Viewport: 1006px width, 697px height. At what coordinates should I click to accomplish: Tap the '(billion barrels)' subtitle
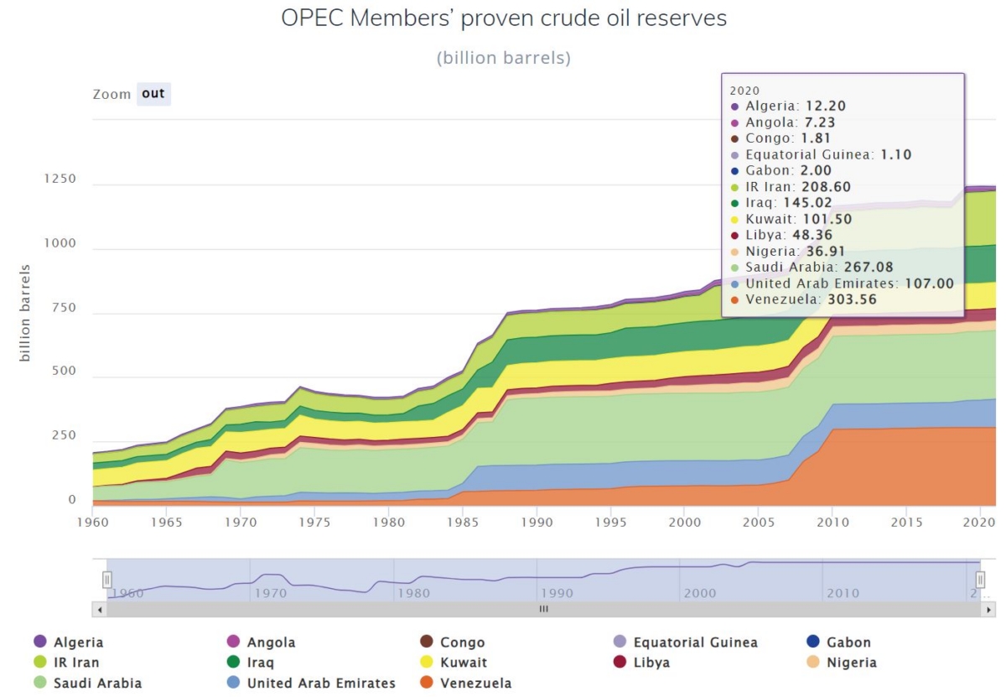[x=503, y=59]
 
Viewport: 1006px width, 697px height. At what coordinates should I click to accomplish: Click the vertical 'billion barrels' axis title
[x=25, y=313]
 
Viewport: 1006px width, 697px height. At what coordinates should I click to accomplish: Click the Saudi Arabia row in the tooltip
[x=818, y=267]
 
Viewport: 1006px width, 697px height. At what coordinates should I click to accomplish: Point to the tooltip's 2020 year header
[x=745, y=90]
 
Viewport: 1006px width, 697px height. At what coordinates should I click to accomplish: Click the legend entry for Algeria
[x=79, y=642]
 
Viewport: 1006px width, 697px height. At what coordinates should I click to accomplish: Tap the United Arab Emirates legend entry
[x=321, y=683]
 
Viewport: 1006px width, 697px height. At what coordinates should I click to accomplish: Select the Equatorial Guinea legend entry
[x=695, y=642]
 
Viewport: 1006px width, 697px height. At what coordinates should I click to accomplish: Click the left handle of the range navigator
[x=107, y=580]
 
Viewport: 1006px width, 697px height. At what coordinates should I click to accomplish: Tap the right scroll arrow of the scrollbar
[x=988, y=609]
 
